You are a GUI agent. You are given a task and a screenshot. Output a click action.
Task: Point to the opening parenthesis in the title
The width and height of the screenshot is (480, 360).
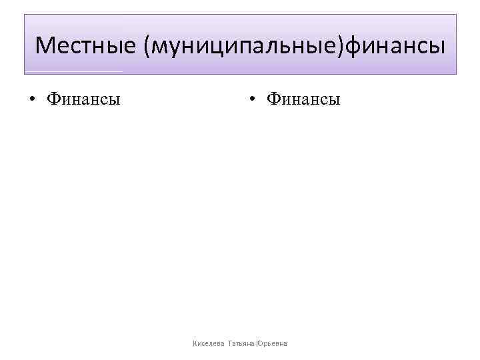144,45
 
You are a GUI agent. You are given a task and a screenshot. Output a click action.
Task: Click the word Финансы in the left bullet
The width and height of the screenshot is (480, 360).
83,100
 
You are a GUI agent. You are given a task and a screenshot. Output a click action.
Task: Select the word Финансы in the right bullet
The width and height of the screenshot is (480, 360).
303,100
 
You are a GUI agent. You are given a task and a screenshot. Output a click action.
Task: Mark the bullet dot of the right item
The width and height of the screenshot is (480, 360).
252,101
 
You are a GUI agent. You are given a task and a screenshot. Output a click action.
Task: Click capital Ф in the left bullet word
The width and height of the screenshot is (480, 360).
53,100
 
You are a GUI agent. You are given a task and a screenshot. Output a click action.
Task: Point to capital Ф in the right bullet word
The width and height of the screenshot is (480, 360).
273,100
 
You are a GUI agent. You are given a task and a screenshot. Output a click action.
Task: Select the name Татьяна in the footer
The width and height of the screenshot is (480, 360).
241,343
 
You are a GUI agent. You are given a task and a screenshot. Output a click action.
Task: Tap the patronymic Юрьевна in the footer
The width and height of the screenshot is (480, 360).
271,343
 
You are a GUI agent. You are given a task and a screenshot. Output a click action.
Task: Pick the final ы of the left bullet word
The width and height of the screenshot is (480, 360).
115,101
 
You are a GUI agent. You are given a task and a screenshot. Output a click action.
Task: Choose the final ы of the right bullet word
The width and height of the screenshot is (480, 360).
334,101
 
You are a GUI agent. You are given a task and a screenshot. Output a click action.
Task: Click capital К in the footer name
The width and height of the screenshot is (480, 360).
194,343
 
